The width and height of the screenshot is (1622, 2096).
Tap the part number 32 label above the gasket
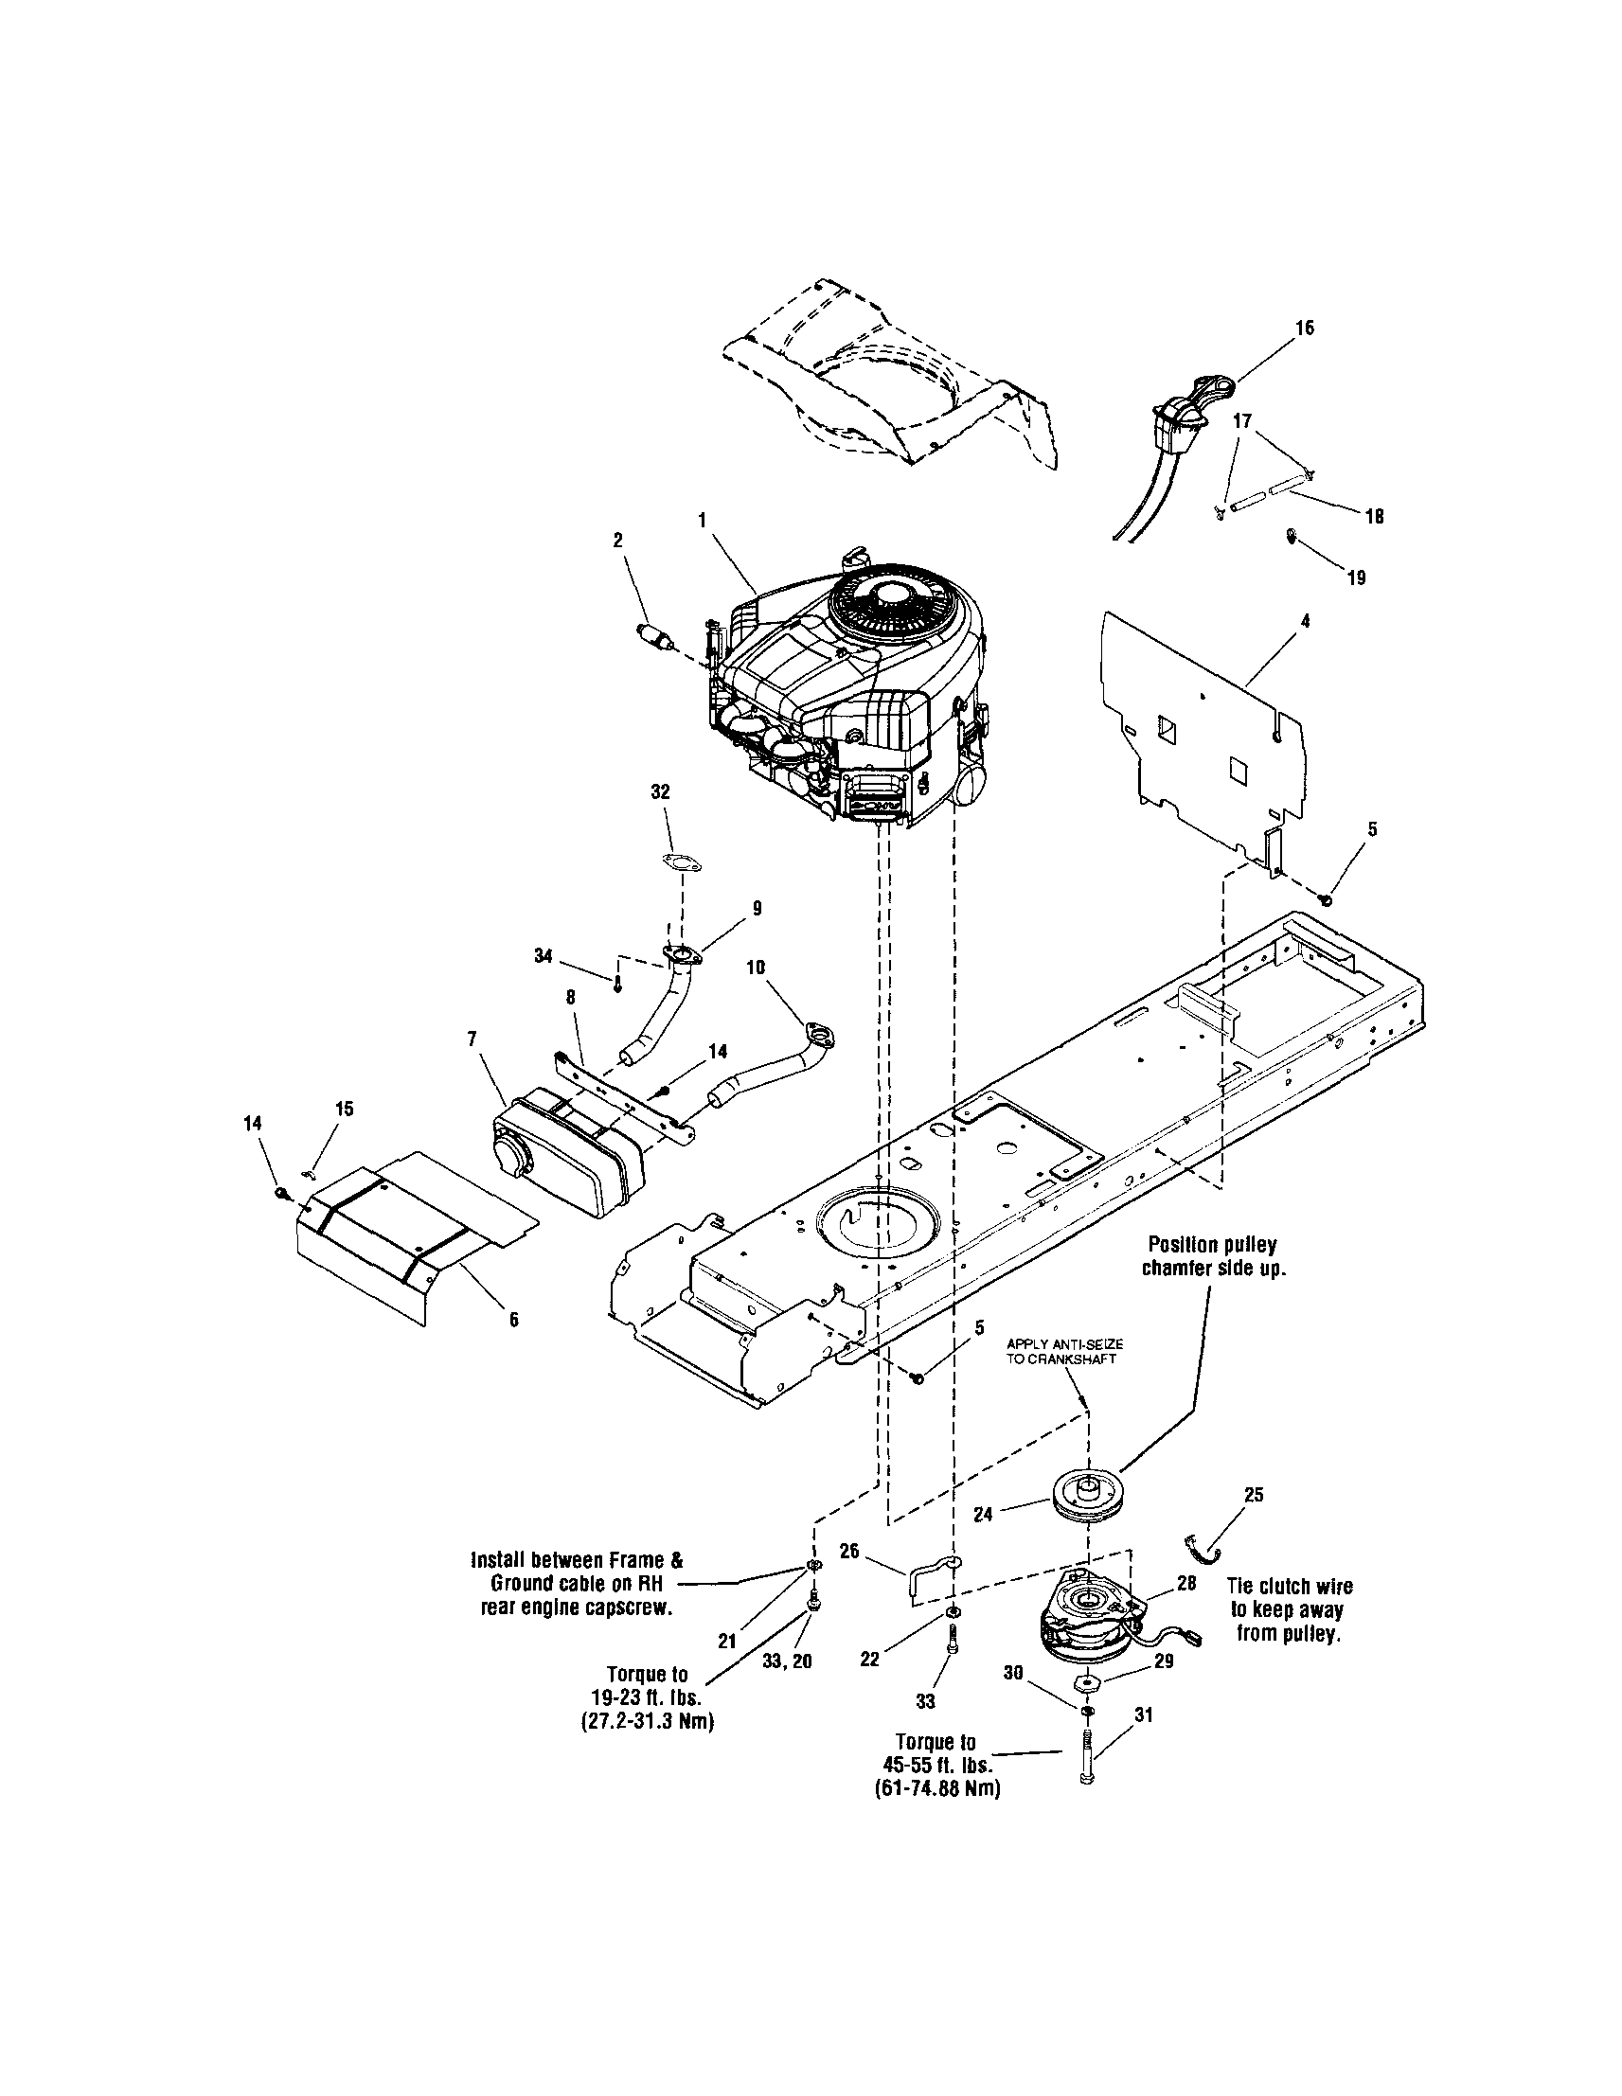pyautogui.click(x=660, y=791)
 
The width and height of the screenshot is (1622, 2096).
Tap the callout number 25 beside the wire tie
pyautogui.click(x=1254, y=1494)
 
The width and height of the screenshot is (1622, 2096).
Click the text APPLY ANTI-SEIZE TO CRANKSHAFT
pyautogui.click(x=1064, y=1352)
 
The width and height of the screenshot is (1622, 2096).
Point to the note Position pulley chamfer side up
pyautogui.click(x=1213, y=1255)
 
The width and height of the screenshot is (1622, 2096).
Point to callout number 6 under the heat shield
pyautogui.click(x=513, y=1320)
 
